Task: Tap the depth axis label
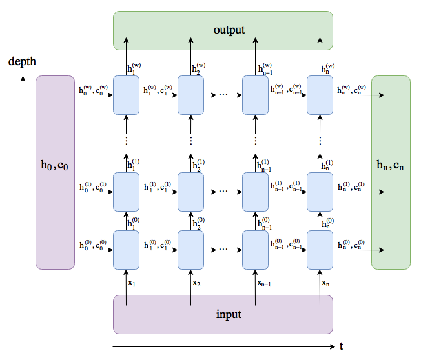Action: tap(23, 62)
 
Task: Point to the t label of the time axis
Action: tap(342, 346)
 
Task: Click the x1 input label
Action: tap(132, 283)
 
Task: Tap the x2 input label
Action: tap(196, 283)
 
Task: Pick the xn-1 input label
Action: tap(262, 283)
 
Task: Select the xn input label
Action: tap(325, 283)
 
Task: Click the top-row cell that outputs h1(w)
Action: tap(126, 95)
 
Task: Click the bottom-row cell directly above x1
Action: tap(126, 250)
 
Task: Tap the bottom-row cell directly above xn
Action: tap(320, 250)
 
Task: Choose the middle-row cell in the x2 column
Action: tap(190, 192)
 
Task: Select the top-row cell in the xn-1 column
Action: tap(255, 95)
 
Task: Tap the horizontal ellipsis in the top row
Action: tap(223, 95)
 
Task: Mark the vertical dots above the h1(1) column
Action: tap(126, 140)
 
